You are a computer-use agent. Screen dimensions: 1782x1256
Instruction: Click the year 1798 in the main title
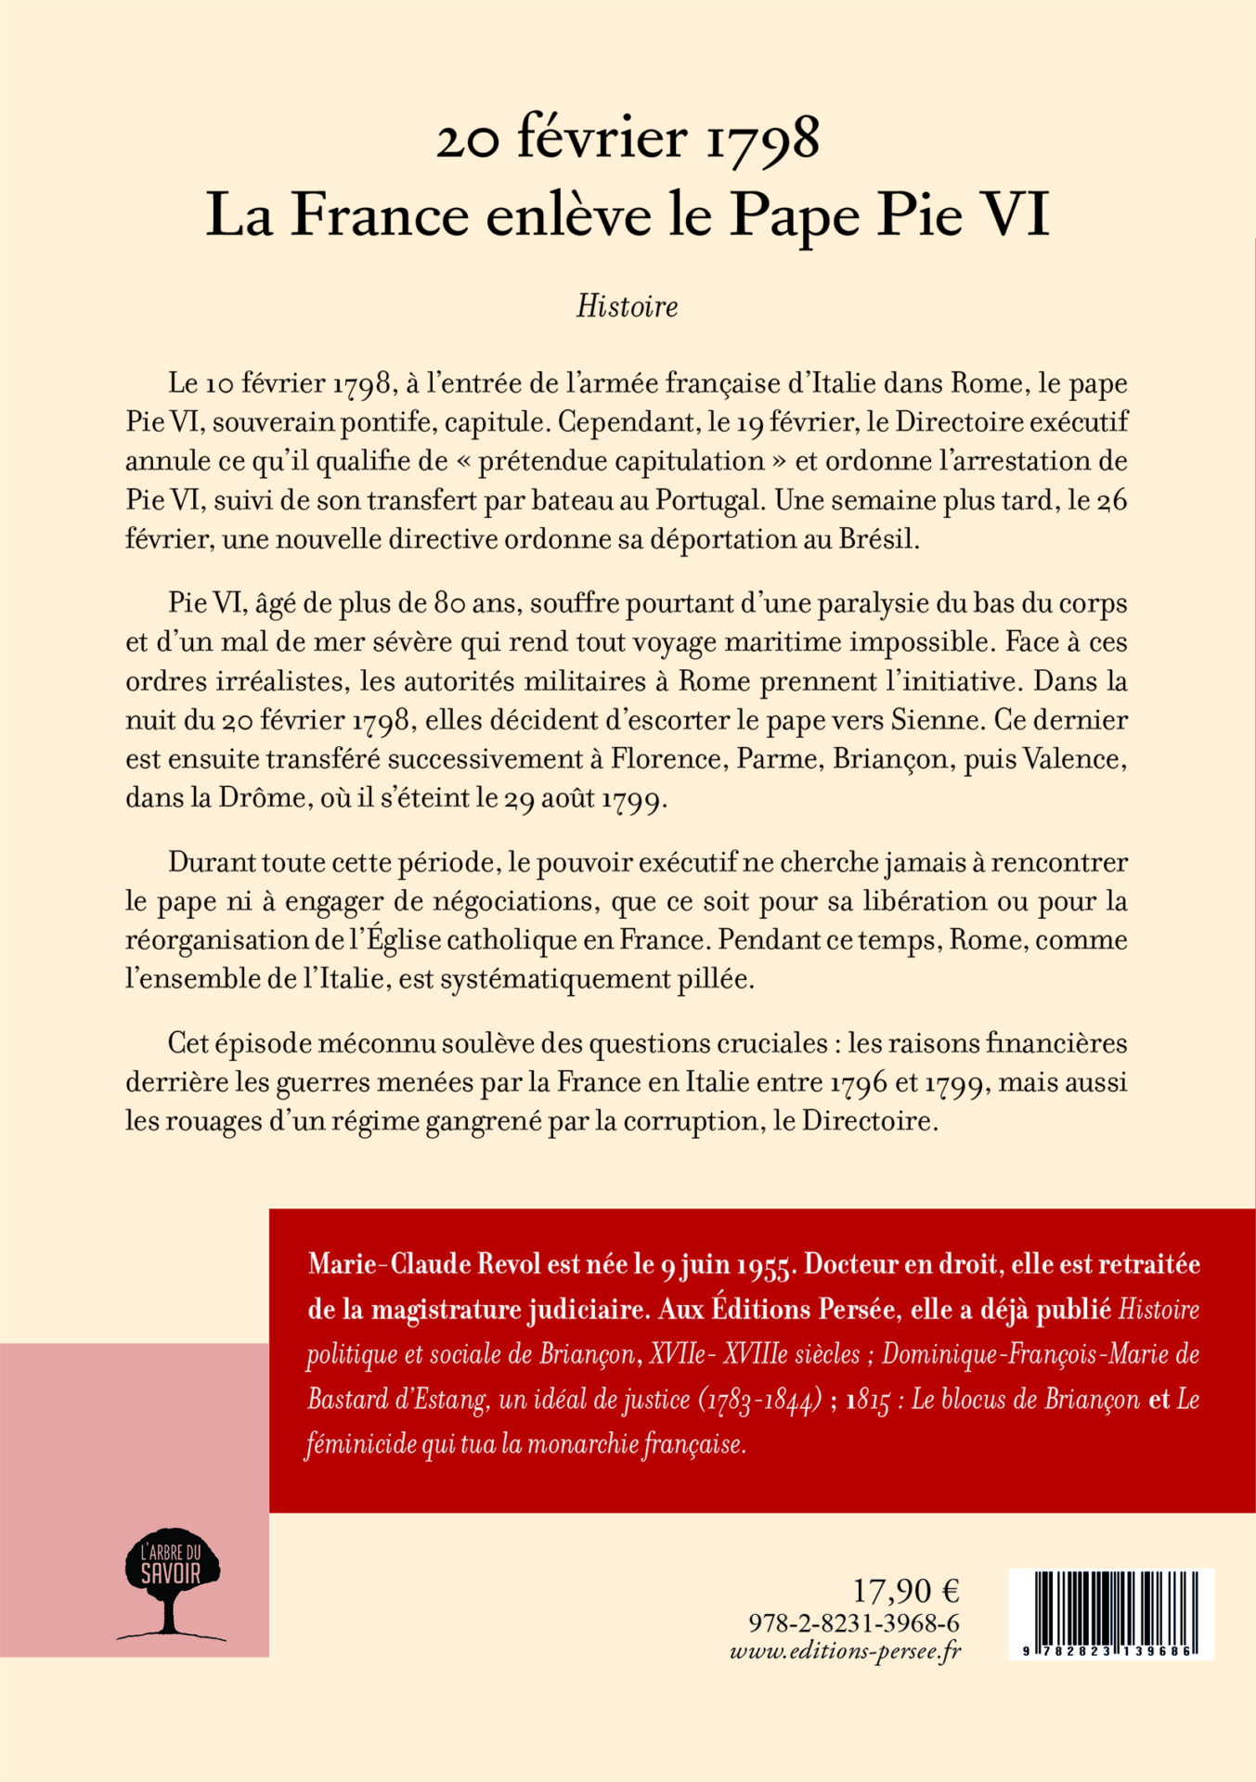point(763,139)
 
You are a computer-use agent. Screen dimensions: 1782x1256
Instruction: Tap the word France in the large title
point(380,215)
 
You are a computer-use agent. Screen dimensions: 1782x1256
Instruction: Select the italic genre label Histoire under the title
point(627,306)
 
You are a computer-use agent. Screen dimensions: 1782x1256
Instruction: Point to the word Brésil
point(877,539)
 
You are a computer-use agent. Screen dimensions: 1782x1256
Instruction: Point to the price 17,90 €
point(905,1591)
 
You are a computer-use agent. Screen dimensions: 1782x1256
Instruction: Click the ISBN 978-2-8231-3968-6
point(853,1622)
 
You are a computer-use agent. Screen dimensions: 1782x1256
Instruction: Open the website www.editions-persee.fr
point(846,1651)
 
